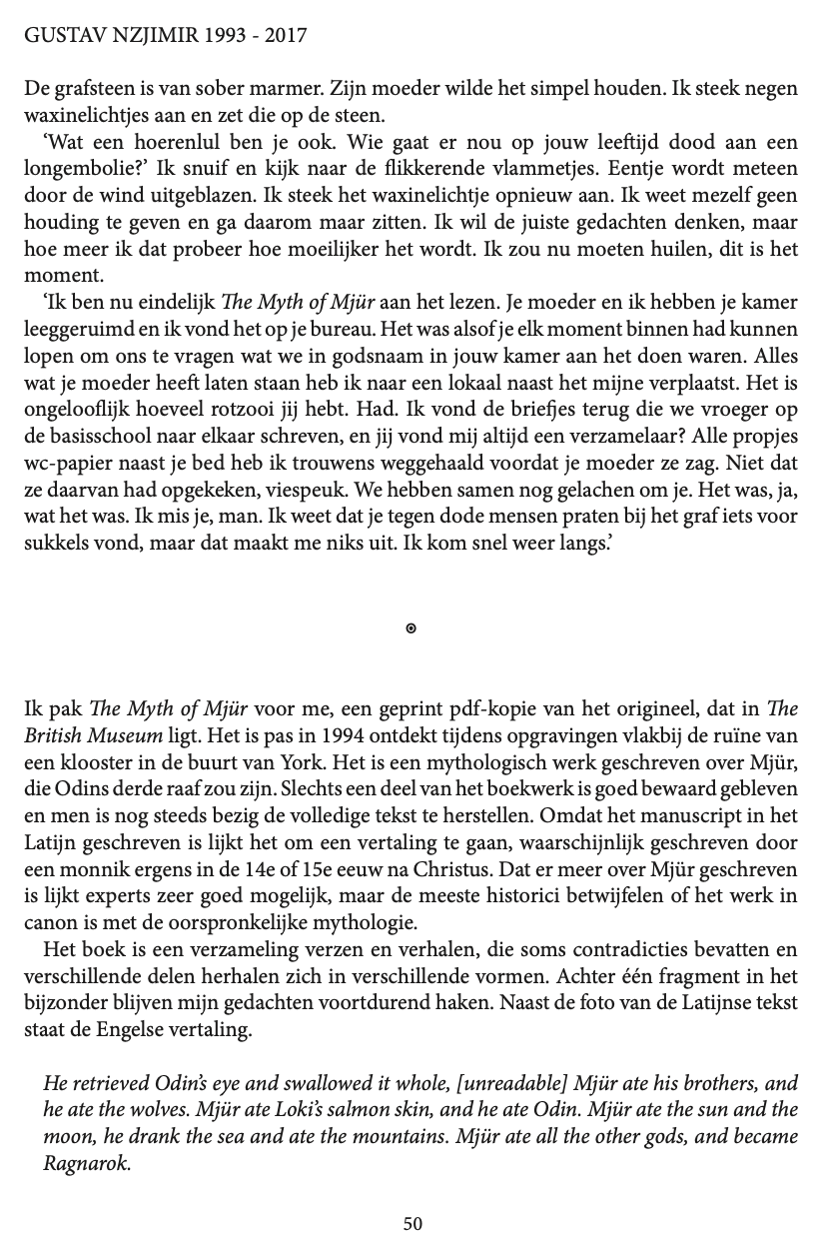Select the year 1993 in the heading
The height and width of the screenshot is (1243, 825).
231,36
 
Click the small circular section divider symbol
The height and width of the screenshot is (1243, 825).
412,628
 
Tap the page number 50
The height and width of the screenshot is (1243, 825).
412,1224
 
